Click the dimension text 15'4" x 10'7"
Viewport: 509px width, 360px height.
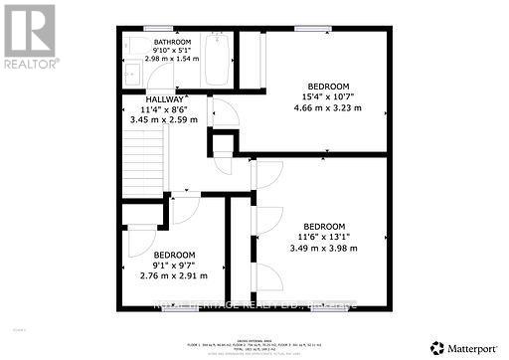pyautogui.click(x=323, y=96)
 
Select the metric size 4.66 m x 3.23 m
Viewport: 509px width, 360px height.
pyautogui.click(x=323, y=108)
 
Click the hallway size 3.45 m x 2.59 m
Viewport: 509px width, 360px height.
pyautogui.click(x=164, y=120)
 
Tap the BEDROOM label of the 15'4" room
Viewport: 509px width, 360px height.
pyautogui.click(x=324, y=85)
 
